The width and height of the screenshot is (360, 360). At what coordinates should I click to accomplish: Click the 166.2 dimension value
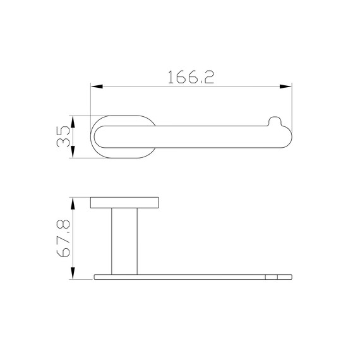(191, 77)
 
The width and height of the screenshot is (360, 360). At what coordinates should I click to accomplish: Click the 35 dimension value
(63, 136)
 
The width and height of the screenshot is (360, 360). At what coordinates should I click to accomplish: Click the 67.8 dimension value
(63, 238)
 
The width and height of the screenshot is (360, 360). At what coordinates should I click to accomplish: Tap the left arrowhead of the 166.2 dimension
(97, 87)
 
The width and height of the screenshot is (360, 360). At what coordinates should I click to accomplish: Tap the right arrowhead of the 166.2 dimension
(285, 87)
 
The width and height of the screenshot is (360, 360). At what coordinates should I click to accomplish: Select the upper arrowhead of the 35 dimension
(73, 122)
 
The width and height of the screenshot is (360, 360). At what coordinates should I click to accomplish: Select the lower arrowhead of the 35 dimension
(73, 152)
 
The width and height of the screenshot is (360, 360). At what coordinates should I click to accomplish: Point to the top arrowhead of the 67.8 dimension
(73, 203)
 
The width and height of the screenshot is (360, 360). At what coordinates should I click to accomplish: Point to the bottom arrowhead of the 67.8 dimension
(73, 273)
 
